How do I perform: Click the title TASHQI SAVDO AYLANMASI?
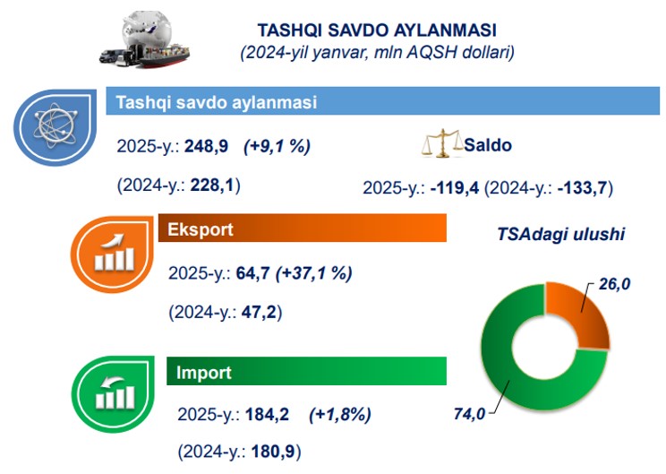(x=377, y=30)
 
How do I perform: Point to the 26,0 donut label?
(x=614, y=284)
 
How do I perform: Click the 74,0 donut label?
(x=469, y=414)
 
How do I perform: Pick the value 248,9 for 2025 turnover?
(x=207, y=146)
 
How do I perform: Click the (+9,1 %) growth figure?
(x=277, y=147)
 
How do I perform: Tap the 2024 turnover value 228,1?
(x=212, y=185)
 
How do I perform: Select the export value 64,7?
(x=252, y=273)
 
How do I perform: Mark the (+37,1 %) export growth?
(x=314, y=273)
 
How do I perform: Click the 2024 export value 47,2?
(x=259, y=313)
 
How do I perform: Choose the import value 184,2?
(x=267, y=414)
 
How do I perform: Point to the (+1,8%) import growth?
(x=340, y=415)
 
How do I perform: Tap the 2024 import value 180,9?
(x=273, y=451)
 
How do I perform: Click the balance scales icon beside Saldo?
(x=442, y=143)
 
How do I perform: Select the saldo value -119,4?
(x=455, y=188)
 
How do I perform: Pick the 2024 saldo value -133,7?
(x=583, y=188)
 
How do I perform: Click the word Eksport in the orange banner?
(x=201, y=229)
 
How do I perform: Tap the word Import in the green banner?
(x=204, y=373)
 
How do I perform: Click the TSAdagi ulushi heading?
(x=560, y=234)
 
